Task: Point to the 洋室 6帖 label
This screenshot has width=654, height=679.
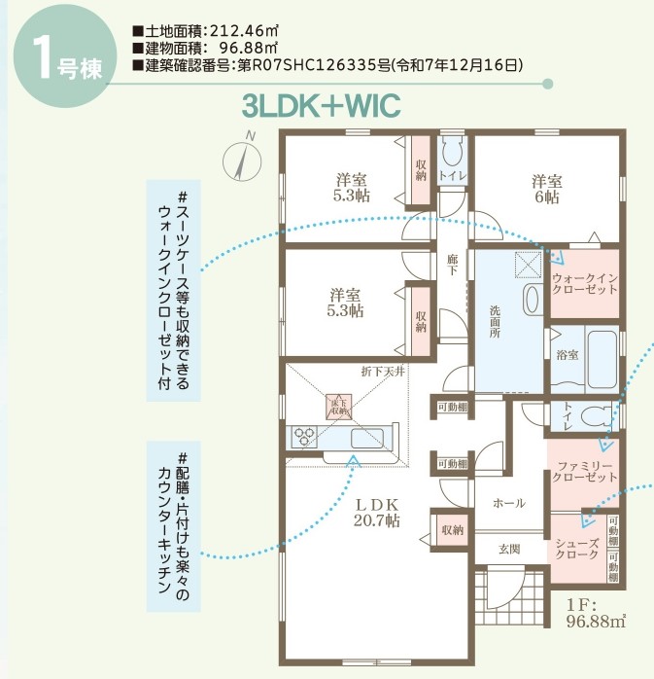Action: click(546, 189)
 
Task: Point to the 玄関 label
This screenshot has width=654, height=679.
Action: click(510, 550)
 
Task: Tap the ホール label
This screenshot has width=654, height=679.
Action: click(509, 503)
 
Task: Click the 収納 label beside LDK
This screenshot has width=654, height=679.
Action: click(451, 530)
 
